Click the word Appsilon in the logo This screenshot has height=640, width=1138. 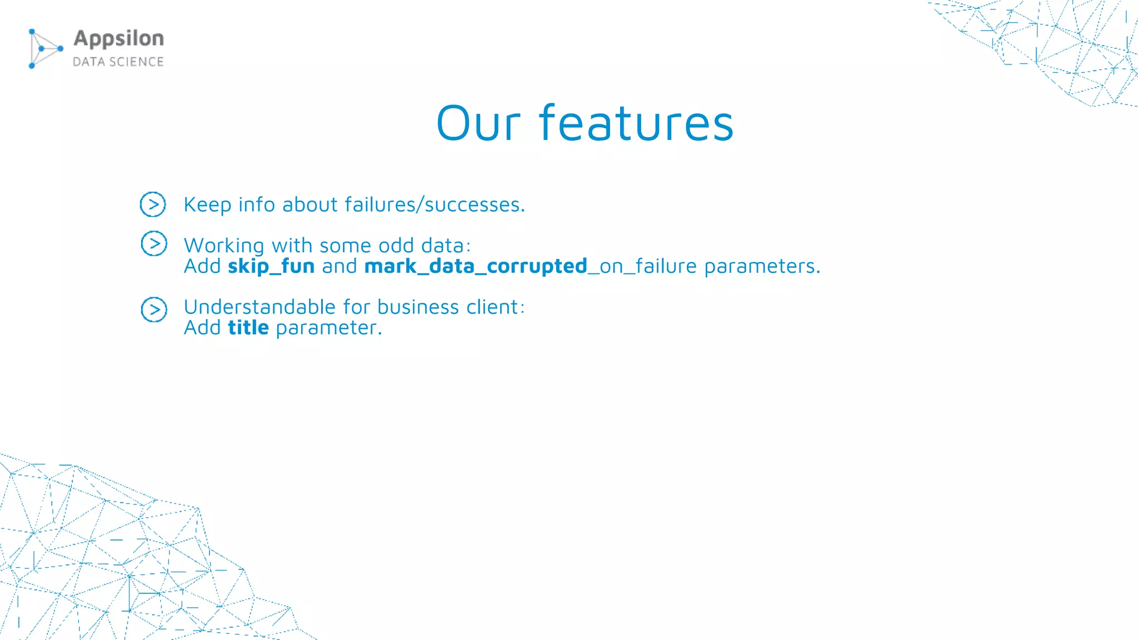119,39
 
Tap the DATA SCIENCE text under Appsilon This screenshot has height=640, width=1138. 118,62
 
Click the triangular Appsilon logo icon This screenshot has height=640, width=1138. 44,49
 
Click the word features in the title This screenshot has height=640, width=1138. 636,123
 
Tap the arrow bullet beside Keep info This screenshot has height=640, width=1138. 153,204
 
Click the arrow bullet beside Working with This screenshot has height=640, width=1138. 154,243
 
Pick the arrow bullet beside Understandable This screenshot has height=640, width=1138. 154,309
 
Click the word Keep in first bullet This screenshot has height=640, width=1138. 207,205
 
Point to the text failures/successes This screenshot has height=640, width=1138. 434,205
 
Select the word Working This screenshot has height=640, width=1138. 224,246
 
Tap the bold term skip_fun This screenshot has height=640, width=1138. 271,266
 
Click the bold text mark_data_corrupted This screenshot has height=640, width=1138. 476,266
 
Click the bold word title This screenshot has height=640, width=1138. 248,328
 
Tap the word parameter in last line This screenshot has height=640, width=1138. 328,328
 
